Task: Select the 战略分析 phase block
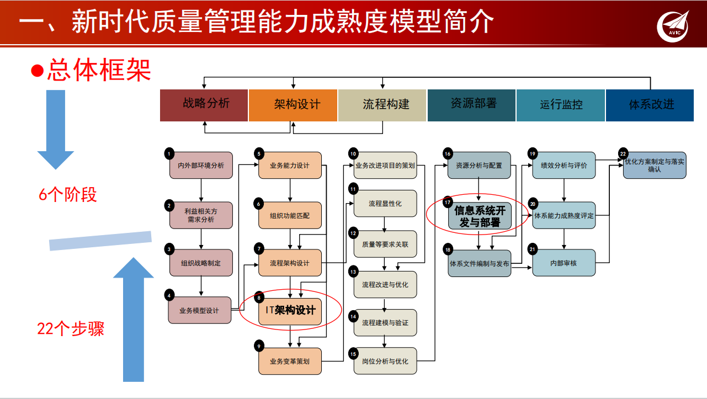pos(204,105)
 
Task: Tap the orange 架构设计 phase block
pos(293,105)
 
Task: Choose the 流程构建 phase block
pos(382,105)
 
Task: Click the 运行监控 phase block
pos(561,105)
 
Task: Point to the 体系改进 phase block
pos(650,105)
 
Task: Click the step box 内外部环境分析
pos(201,166)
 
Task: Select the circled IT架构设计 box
pos(290,310)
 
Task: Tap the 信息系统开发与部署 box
pos(479,216)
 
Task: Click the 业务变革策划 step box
pos(290,361)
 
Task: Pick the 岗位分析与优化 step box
pos(385,361)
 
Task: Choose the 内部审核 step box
pos(564,263)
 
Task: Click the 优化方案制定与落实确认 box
pos(655,166)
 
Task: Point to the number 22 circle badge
pos(623,153)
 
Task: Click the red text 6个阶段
pos(68,195)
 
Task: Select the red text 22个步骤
pos(71,329)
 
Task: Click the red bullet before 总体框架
pos(37,71)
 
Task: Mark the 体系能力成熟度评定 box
pos(564,216)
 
